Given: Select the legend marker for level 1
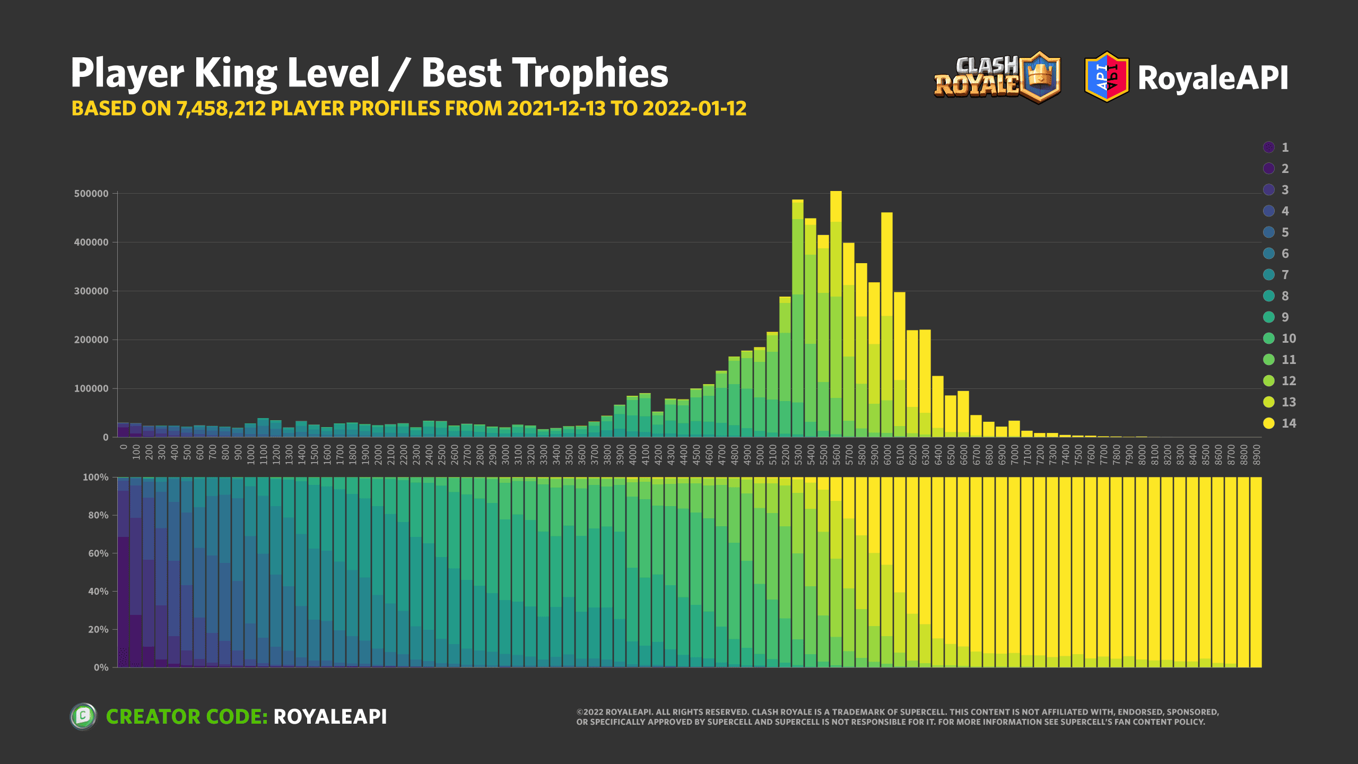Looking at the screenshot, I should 1269,147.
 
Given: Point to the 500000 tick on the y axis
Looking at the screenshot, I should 91,194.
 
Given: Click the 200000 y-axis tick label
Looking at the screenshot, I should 91,340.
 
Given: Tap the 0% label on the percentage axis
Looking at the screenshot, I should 101,667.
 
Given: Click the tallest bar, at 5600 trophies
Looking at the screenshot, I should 836,318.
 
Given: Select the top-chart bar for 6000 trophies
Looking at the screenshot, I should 887,329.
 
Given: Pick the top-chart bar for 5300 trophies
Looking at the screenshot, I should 798,324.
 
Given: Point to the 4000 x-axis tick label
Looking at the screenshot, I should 633,455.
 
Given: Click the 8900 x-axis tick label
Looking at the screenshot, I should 1257,455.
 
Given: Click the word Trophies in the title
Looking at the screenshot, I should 544,73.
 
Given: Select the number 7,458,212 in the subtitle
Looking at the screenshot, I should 221,109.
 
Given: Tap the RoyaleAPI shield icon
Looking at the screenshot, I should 1107,77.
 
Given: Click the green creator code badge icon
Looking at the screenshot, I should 83,716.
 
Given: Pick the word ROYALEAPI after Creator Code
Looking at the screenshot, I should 330,717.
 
